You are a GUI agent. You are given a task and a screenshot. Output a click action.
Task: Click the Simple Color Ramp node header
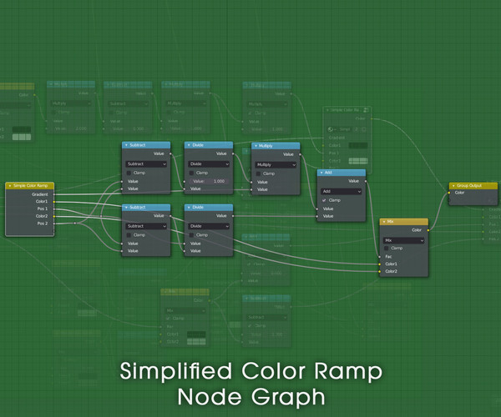tap(29, 185)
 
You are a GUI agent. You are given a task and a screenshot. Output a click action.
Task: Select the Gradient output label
tap(40, 193)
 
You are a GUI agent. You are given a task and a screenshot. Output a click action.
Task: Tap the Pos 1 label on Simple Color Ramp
tap(41, 208)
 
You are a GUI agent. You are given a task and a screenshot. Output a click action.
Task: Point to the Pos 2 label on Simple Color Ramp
tap(41, 224)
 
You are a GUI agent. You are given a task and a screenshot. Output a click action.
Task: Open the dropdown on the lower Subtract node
tap(146, 226)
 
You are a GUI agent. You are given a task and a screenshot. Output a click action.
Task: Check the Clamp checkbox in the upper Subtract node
tap(129, 173)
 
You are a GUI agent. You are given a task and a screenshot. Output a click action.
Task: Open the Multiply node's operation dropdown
tap(276, 164)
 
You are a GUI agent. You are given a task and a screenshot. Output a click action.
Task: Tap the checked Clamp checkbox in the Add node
tap(325, 200)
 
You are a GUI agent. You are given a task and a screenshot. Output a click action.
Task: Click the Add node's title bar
tap(342, 173)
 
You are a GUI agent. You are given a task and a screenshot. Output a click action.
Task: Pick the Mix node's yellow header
tap(404, 222)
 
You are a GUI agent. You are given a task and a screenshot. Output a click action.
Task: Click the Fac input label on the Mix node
tap(389, 256)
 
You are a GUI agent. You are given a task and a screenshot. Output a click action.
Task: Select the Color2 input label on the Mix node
tap(392, 271)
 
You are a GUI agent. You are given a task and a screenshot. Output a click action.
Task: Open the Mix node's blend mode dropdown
tap(404, 239)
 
